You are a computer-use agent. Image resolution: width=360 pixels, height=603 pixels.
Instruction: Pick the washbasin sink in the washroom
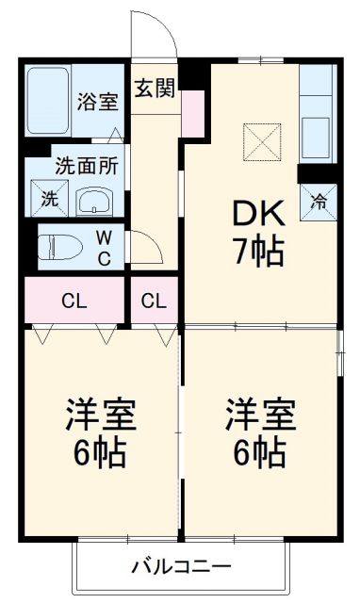tap(94, 200)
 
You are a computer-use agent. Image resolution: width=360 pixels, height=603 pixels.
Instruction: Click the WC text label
tap(104, 248)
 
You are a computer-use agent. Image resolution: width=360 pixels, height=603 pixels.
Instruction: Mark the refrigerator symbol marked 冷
tap(319, 201)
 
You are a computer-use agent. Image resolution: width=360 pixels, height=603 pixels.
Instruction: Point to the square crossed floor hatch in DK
tap(263, 142)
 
